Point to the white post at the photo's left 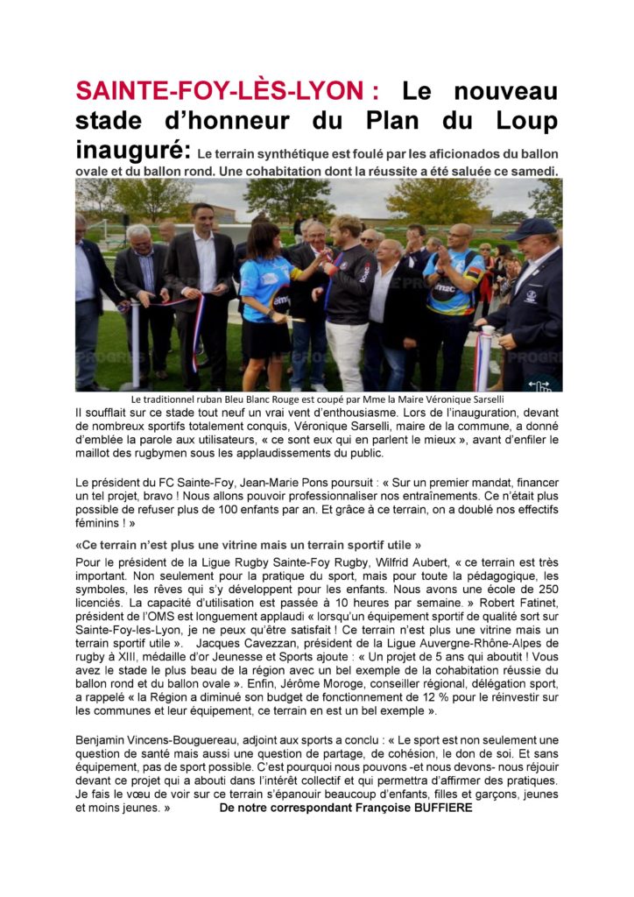tap(135, 346)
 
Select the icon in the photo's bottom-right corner tap(540, 383)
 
